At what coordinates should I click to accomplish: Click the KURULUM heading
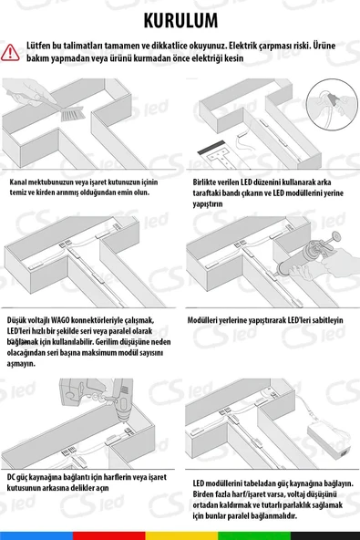[180, 21]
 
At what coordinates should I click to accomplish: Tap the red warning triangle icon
[10, 52]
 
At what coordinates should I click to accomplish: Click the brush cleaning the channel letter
[73, 114]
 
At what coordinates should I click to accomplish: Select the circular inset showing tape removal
[332, 104]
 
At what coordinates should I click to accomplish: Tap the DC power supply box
[329, 441]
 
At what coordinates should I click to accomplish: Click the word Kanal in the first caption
[18, 182]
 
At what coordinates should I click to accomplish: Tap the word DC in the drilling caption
[11, 477]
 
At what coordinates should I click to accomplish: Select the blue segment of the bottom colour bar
[36, 535]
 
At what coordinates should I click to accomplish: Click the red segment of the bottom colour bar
[108, 535]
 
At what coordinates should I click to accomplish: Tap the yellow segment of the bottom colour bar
[181, 535]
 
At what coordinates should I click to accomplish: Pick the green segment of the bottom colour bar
[254, 535]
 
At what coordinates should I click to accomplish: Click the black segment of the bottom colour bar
[325, 535]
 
